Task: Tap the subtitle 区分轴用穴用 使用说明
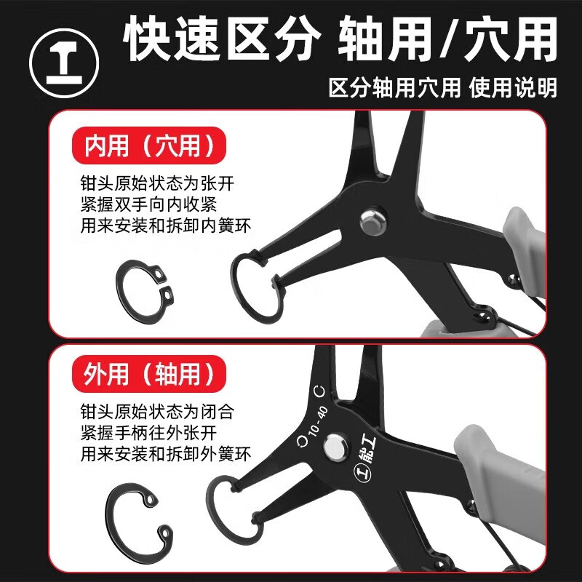[x=443, y=88]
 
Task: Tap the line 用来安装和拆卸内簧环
[x=167, y=226]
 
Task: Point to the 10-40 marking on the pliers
[x=318, y=423]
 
